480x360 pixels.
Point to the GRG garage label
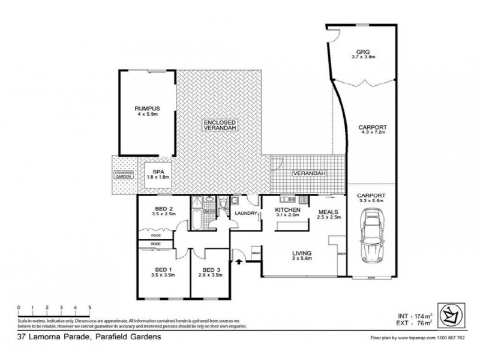(364, 55)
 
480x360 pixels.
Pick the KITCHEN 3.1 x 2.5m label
(287, 212)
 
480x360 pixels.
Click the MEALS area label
(329, 214)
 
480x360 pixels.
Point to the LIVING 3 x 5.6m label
(294, 256)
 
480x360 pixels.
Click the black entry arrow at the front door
(241, 261)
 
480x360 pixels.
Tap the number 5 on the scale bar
(89, 307)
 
